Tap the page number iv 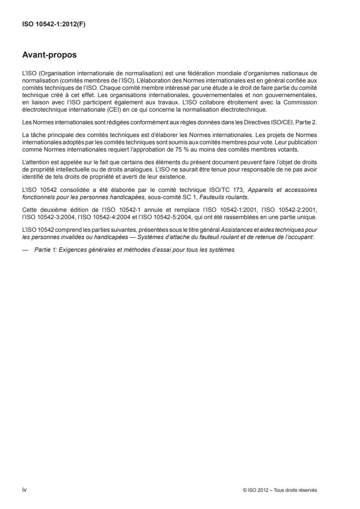25,489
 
